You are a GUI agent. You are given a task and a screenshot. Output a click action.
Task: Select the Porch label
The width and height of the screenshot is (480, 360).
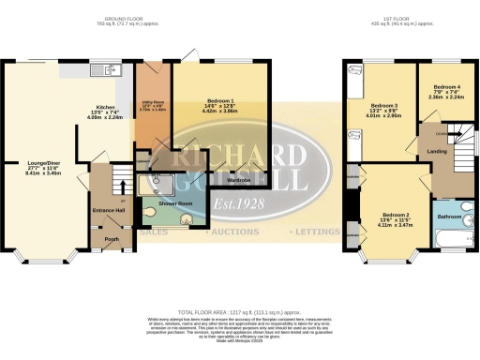111,236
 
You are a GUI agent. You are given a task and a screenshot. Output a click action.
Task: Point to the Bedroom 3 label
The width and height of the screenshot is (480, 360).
385,105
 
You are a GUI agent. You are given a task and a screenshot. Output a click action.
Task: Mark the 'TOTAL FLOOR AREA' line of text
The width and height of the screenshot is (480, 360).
240,310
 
